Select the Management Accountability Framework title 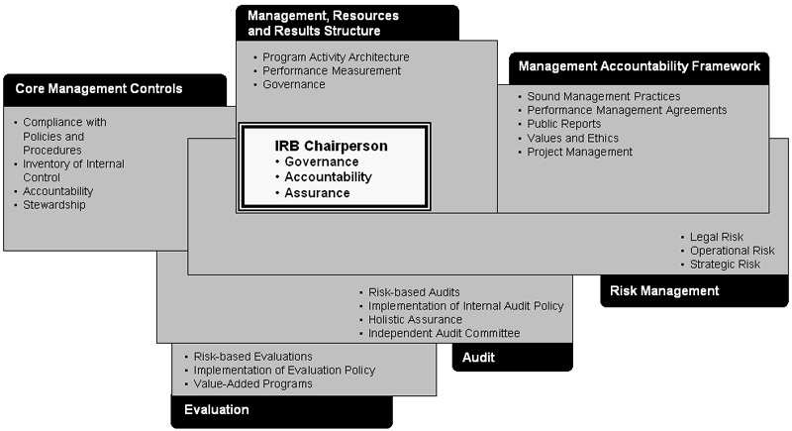pyautogui.click(x=639, y=67)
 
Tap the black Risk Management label pyautogui.click(x=664, y=291)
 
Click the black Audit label pyautogui.click(x=481, y=357)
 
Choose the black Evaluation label pyautogui.click(x=217, y=409)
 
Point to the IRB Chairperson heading pyautogui.click(x=331, y=146)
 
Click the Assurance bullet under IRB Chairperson pyautogui.click(x=317, y=193)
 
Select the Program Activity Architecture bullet pyautogui.click(x=336, y=57)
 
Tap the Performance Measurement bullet pyautogui.click(x=332, y=71)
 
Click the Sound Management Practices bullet pyautogui.click(x=603, y=96)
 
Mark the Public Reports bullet pyautogui.click(x=563, y=124)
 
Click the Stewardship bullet pyautogui.click(x=53, y=205)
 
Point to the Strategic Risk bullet pyautogui.click(x=726, y=265)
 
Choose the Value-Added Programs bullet pyautogui.click(x=252, y=383)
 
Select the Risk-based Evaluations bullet pyautogui.click(x=252, y=356)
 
